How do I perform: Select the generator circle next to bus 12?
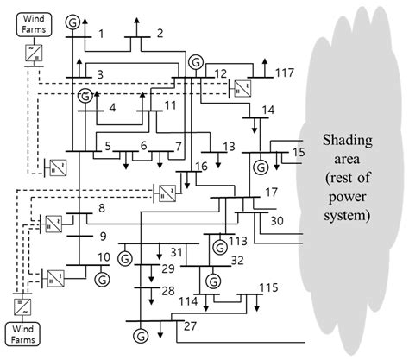[197, 62]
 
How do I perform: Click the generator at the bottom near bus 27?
[141, 333]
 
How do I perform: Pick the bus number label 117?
[284, 73]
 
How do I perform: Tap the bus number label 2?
[159, 34]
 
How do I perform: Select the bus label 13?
[229, 147]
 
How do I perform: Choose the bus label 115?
[269, 287]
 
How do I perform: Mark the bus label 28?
[167, 290]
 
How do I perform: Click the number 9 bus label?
[102, 235]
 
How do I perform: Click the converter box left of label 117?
[241, 86]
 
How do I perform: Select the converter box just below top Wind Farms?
[32, 54]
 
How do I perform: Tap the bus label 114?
[188, 300]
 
